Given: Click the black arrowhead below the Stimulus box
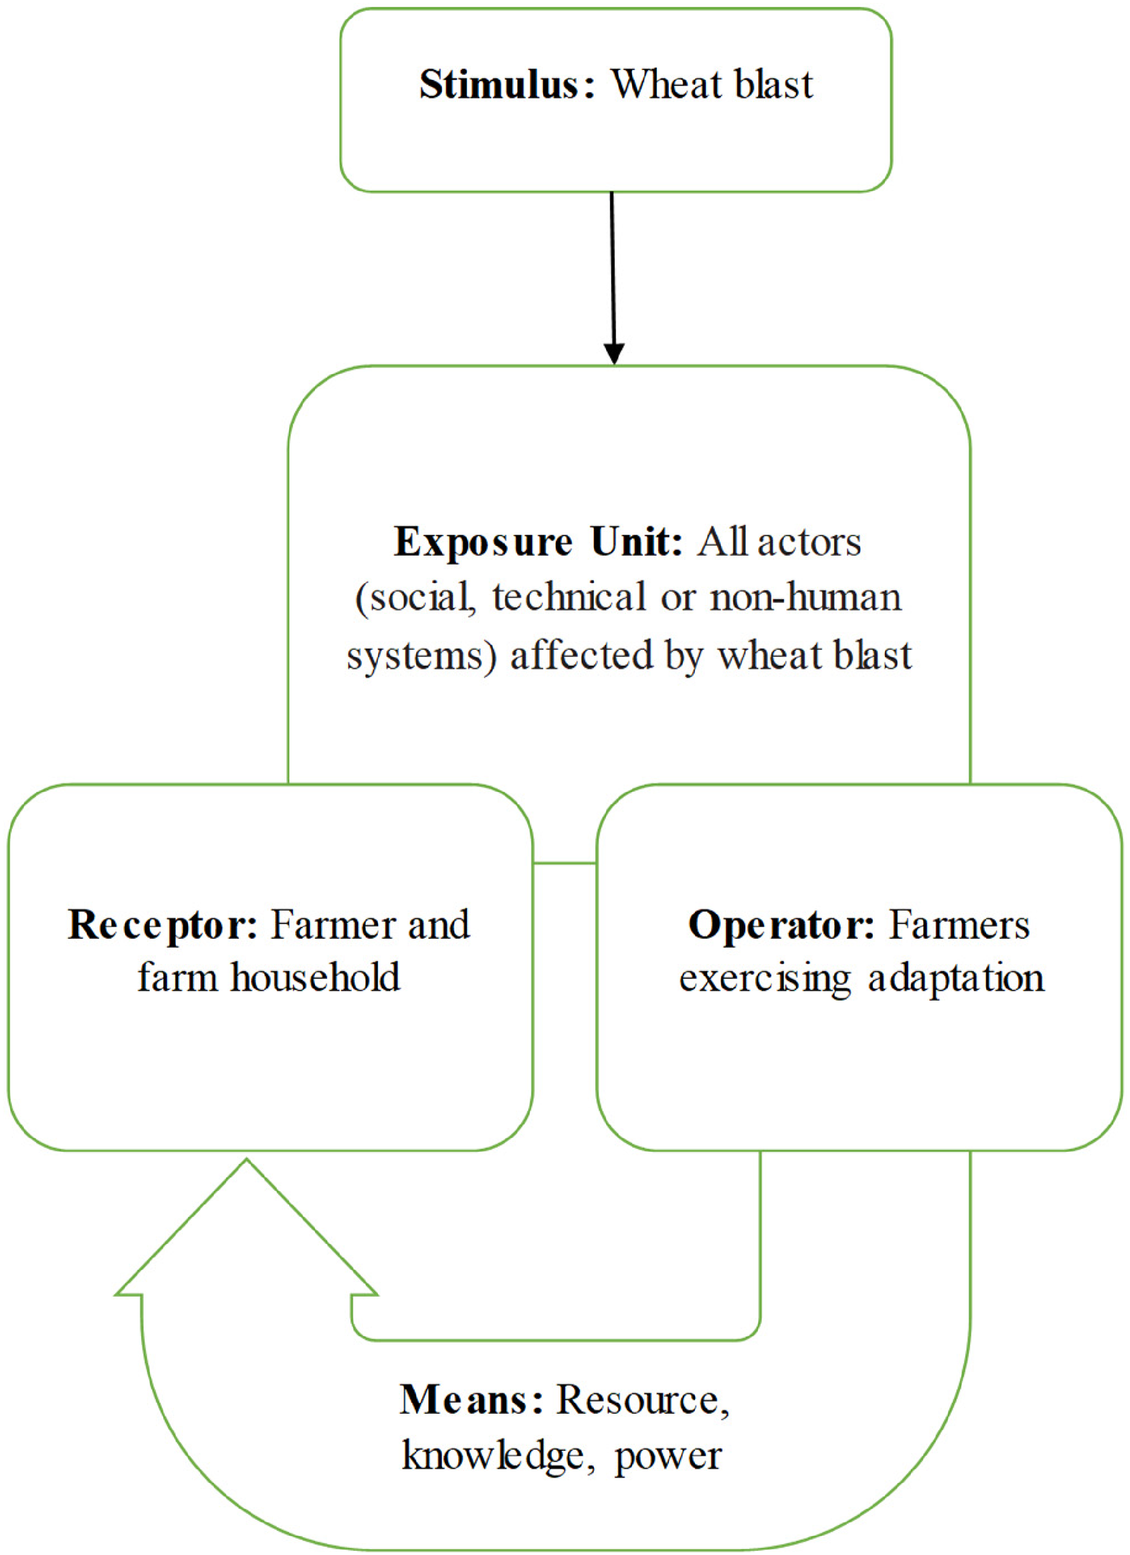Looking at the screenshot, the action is click(x=614, y=353).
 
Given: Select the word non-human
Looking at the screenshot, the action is click(x=805, y=597).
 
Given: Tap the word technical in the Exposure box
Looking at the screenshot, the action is click(x=569, y=597).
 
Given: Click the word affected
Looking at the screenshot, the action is click(x=582, y=655).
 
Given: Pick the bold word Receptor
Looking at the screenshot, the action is click(x=163, y=927).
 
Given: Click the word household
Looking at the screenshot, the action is click(x=315, y=978).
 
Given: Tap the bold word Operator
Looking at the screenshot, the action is click(x=782, y=927).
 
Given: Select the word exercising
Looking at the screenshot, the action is click(x=765, y=979).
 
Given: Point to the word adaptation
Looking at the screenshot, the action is click(x=956, y=979).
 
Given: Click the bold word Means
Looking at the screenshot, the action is click(x=472, y=1401).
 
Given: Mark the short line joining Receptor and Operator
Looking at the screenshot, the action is click(x=564, y=864).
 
